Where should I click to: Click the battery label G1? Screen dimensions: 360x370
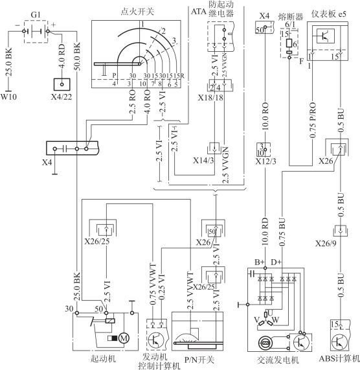(36, 15)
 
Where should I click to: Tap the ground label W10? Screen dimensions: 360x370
(8, 97)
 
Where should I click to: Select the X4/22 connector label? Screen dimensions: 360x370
(62, 97)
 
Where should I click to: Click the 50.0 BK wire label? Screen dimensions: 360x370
(77, 56)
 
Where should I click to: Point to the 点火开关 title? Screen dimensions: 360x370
(137, 12)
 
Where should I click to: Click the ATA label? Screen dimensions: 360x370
(199, 12)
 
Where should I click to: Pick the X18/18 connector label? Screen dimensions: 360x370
(210, 97)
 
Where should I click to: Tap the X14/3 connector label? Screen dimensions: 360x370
(203, 161)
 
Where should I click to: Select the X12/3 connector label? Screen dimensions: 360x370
(265, 161)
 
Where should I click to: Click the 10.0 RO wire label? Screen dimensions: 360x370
(265, 116)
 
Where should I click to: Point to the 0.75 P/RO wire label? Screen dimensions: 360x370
(313, 120)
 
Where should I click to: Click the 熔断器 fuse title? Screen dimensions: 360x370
(291, 17)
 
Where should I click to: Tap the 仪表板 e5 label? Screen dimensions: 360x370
(329, 14)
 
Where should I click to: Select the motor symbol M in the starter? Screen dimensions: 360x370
(124, 338)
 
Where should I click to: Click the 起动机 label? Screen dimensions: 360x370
(103, 359)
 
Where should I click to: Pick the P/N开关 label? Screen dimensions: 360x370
(199, 360)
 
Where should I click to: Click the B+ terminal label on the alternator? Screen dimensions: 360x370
(260, 262)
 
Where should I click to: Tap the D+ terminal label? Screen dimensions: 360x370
(276, 262)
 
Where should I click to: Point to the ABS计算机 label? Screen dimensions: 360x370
(339, 359)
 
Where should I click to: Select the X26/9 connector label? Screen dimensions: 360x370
(326, 244)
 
